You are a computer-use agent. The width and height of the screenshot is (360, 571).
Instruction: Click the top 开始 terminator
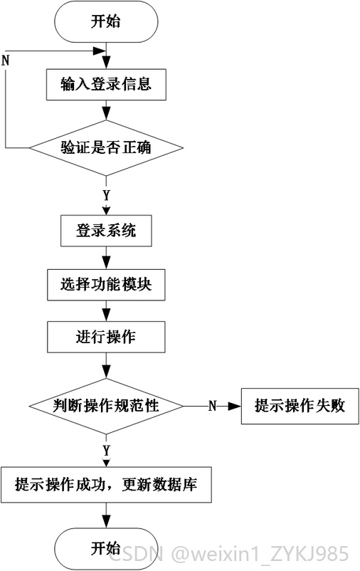point(106,21)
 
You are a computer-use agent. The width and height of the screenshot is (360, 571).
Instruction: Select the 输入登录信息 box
point(106,85)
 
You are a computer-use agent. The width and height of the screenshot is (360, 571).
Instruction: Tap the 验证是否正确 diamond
point(106,148)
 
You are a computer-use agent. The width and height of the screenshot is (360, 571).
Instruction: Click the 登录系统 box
point(106,231)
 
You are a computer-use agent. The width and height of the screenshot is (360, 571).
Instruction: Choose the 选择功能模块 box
point(106,285)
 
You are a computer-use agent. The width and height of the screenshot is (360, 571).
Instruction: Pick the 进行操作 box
point(106,337)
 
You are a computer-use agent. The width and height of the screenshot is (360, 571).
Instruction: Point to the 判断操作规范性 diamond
point(106,406)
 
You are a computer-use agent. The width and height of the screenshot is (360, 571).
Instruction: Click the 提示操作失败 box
point(300,406)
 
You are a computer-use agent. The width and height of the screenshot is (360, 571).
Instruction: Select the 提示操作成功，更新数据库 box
point(106,485)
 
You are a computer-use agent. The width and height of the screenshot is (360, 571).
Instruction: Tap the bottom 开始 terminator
point(106,549)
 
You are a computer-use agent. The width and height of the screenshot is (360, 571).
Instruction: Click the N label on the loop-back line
point(6,61)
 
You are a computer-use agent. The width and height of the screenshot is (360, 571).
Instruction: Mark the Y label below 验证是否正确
point(106,196)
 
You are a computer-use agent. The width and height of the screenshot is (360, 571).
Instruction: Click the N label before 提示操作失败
point(213,406)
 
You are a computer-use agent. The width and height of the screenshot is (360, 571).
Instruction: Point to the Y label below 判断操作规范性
point(106,451)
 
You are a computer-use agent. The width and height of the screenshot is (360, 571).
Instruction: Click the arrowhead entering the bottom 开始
point(106,522)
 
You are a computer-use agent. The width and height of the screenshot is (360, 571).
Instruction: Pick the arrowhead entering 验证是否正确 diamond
point(106,114)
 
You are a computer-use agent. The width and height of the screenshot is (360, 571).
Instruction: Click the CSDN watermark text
point(137,554)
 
